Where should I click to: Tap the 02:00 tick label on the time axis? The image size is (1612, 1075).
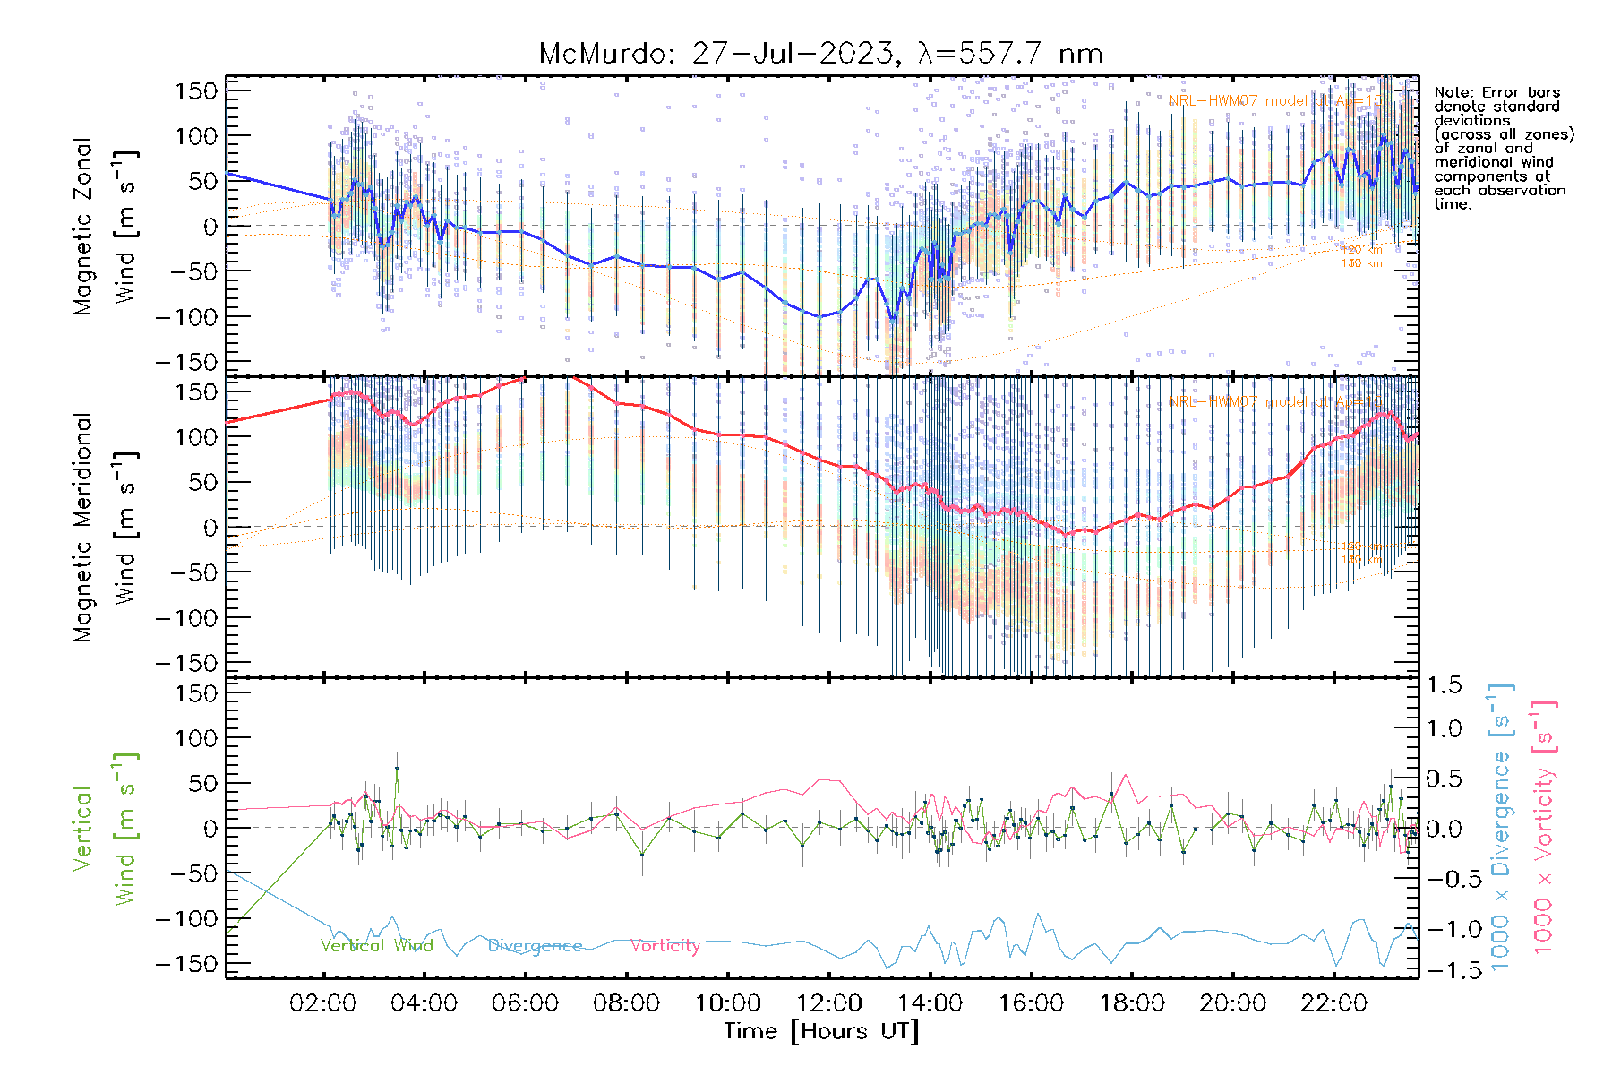pyautogui.click(x=323, y=1003)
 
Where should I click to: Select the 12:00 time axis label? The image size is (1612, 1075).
pyautogui.click(x=829, y=1003)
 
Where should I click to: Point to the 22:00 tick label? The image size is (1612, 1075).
pyautogui.click(x=1334, y=1003)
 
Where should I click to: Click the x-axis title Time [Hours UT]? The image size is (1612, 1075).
pyautogui.click(x=821, y=1031)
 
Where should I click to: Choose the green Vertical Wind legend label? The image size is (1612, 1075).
pyautogui.click(x=376, y=946)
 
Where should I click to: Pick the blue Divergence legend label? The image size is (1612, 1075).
pyautogui.click(x=535, y=946)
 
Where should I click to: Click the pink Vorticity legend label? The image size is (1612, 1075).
pyautogui.click(x=665, y=946)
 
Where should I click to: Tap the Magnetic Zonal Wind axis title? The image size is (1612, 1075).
pyautogui.click(x=106, y=226)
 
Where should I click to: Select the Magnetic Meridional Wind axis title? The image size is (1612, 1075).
pyautogui.click(x=106, y=527)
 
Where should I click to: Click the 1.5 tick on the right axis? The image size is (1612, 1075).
pyautogui.click(x=1445, y=685)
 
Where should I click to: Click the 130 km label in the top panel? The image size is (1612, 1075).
pyautogui.click(x=1361, y=263)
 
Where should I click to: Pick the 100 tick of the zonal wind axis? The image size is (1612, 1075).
pyautogui.click(x=197, y=136)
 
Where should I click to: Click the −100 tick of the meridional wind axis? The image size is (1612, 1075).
pyautogui.click(x=186, y=618)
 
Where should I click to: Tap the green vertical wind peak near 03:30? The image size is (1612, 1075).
pyautogui.click(x=397, y=768)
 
